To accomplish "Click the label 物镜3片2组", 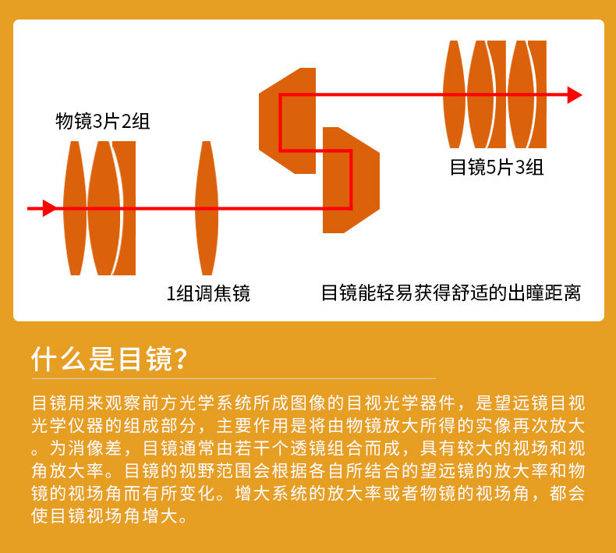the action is click(103, 121).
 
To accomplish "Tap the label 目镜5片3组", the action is click(497, 167).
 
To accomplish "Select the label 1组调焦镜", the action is click(208, 294).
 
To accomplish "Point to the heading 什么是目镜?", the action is click(109, 359).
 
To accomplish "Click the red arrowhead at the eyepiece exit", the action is click(575, 95).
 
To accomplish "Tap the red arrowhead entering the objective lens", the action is click(49, 208).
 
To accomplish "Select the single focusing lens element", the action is click(206, 207).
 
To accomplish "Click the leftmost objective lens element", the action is click(74, 207).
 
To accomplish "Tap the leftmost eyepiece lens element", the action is click(454, 94).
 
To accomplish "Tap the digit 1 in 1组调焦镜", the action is click(171, 294).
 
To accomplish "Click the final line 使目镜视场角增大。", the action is click(109, 517).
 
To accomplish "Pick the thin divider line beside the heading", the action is click(390, 360).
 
